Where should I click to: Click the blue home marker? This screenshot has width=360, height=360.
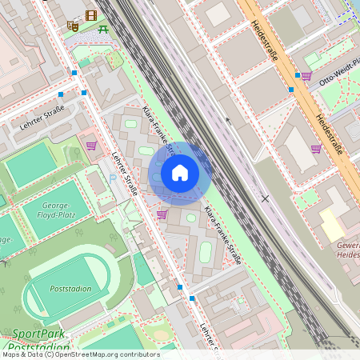(180, 173)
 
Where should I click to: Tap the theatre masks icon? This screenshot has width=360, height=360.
(73, 26)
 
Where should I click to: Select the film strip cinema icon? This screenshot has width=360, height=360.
(90, 15)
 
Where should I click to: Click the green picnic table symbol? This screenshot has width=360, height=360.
(103, 30)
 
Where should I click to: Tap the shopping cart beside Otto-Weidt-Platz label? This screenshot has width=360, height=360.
(306, 75)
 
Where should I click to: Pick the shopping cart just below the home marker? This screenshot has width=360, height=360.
(162, 214)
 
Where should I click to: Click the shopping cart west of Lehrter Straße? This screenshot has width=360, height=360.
(91, 146)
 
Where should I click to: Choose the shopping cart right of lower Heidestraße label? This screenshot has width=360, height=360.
(316, 148)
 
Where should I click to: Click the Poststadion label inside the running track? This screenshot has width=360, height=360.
(70, 289)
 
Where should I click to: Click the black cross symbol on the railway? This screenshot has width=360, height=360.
(265, 198)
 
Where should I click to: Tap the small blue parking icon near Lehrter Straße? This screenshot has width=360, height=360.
(113, 178)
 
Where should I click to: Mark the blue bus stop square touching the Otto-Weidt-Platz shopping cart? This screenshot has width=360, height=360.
(298, 75)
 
